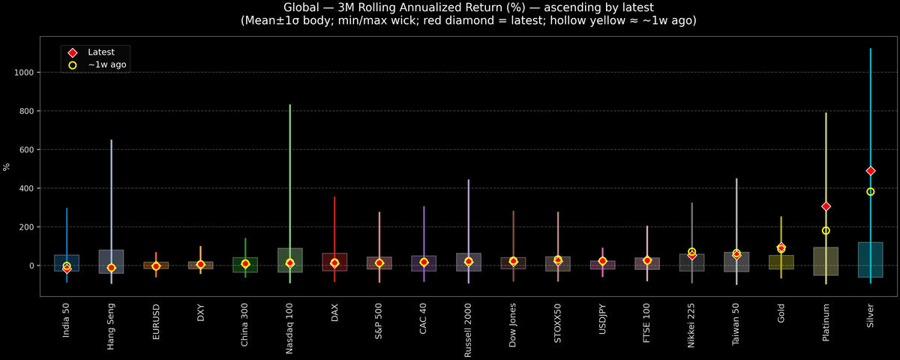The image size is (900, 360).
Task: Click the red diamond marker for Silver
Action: [x=870, y=171]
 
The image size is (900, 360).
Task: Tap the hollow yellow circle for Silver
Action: [x=870, y=192]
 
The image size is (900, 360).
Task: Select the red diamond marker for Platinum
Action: [x=826, y=206]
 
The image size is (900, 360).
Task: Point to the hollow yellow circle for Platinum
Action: [x=826, y=231]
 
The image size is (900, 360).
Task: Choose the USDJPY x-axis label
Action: [x=602, y=323]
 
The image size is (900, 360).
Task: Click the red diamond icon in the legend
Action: [x=72, y=52]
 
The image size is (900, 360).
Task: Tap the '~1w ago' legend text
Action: [x=106, y=65]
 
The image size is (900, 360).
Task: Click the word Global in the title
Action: [x=304, y=7]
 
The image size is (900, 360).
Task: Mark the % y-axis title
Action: [x=7, y=166]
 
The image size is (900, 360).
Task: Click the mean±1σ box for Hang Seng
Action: [x=111, y=262]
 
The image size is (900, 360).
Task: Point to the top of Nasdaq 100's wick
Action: [x=289, y=105]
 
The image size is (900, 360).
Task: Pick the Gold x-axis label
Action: [x=781, y=318]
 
